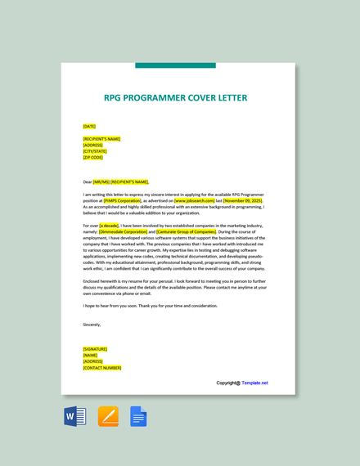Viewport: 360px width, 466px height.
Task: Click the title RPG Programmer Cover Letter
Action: point(175,98)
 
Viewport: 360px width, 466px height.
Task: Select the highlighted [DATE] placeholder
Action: point(89,127)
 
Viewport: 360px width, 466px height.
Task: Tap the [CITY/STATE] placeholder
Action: point(95,151)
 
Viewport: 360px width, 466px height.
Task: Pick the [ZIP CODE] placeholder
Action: point(93,157)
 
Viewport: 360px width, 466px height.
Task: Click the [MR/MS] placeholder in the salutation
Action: point(101,182)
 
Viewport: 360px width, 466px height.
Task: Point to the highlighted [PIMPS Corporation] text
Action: point(123,200)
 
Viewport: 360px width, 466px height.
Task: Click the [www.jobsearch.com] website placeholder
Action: point(195,200)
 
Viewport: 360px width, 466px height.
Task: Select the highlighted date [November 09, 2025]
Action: point(243,200)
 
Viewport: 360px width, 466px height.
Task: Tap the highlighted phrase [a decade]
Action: point(109,226)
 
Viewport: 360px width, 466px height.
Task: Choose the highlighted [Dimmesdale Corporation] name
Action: point(124,231)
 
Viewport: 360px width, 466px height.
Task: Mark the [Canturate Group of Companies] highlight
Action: point(187,231)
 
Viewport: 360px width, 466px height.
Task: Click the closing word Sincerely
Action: point(92,325)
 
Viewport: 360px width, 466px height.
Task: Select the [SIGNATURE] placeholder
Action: point(95,349)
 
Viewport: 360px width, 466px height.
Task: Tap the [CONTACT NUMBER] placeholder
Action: point(102,368)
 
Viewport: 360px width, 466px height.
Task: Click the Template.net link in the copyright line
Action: point(254,383)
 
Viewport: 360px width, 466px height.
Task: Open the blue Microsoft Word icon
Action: point(75,416)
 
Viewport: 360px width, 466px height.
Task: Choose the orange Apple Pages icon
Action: point(108,416)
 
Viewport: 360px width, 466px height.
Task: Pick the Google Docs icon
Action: point(138,416)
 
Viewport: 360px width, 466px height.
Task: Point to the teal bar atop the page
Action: point(175,65)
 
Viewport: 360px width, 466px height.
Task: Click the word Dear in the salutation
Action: point(88,182)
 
